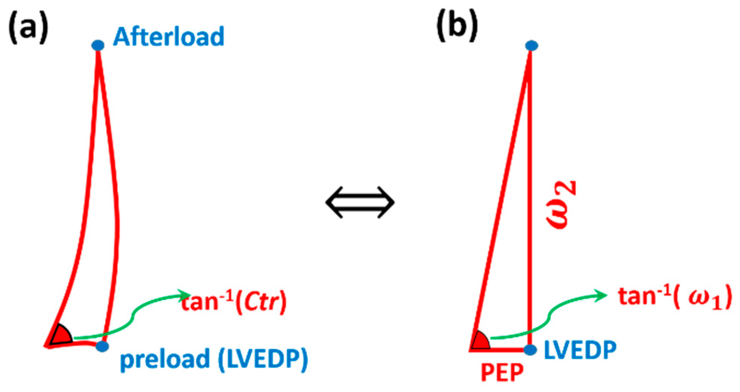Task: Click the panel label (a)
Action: [28, 28]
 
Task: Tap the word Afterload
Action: [168, 36]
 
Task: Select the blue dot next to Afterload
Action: [98, 45]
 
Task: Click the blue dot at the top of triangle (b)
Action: [531, 45]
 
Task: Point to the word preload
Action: [165, 359]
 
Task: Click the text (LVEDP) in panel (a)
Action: [263, 359]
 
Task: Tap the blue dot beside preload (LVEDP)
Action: [102, 346]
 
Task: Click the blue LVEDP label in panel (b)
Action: [580, 350]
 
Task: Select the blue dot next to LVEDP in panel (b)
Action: [530, 350]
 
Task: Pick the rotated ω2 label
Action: [561, 204]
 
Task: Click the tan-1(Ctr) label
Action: [234, 302]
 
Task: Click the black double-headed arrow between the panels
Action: [360, 202]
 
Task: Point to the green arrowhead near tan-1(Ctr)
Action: [185, 295]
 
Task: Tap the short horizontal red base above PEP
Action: [499, 350]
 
